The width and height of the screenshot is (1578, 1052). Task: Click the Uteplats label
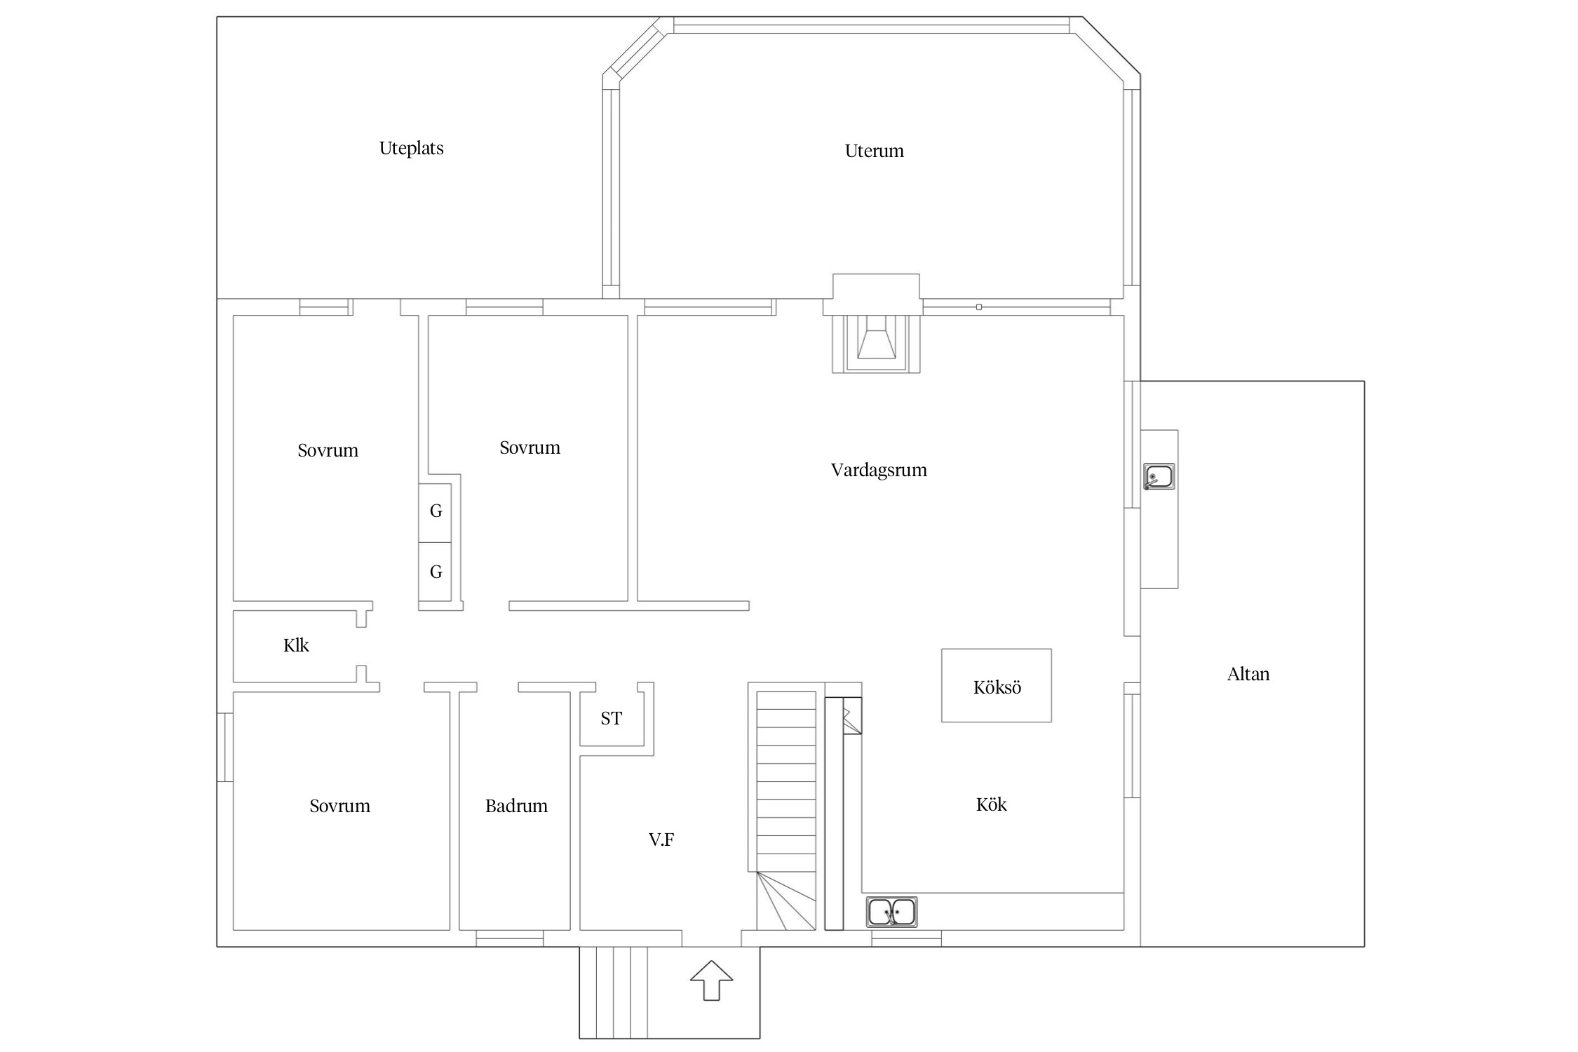click(x=411, y=149)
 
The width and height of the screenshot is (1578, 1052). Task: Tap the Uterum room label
click(x=874, y=151)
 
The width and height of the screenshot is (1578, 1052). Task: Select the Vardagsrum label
click(x=879, y=470)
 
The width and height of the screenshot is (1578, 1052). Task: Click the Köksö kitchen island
click(x=996, y=685)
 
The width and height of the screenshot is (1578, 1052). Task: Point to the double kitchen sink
click(x=891, y=912)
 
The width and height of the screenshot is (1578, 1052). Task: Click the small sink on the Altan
click(x=1159, y=477)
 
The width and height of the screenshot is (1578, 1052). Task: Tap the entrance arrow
click(x=711, y=980)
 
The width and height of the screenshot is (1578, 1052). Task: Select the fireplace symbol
click(x=876, y=344)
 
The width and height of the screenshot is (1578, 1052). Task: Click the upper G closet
click(x=435, y=513)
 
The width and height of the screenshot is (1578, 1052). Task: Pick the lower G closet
click(x=435, y=572)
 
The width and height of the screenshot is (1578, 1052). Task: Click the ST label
click(x=611, y=718)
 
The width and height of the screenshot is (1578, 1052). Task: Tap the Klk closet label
click(x=296, y=645)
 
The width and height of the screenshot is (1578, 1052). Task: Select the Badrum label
click(x=516, y=806)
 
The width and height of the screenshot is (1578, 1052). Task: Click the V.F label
click(x=661, y=839)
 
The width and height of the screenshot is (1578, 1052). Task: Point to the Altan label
click(x=1248, y=674)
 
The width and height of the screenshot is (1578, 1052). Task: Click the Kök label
click(x=991, y=804)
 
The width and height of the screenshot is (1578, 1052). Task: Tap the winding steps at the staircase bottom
click(x=786, y=901)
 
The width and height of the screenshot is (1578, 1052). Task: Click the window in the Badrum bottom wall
click(x=510, y=938)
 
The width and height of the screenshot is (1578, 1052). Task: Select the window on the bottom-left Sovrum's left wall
click(x=224, y=747)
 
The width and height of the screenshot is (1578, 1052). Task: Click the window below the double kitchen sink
click(x=906, y=938)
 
